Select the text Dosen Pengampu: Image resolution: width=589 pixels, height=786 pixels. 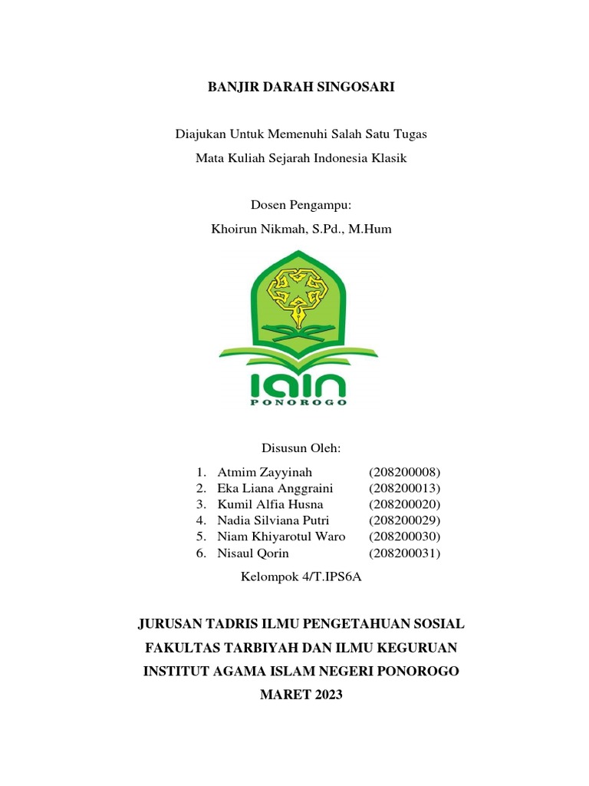[301, 205]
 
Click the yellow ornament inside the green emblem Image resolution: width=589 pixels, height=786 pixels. [299, 292]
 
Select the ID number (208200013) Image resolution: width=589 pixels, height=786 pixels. [405, 488]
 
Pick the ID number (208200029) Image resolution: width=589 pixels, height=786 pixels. [405, 520]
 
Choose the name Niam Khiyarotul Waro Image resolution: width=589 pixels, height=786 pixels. [281, 537]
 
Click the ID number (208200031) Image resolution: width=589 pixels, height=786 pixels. [405, 553]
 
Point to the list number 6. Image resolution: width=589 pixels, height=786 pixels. [200, 553]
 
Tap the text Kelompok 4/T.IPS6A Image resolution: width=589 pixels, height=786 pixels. [301, 577]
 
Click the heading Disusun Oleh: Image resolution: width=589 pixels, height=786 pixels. [301, 447]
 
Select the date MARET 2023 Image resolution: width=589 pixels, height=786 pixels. [301, 695]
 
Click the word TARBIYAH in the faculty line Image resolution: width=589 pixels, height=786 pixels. [257, 647]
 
